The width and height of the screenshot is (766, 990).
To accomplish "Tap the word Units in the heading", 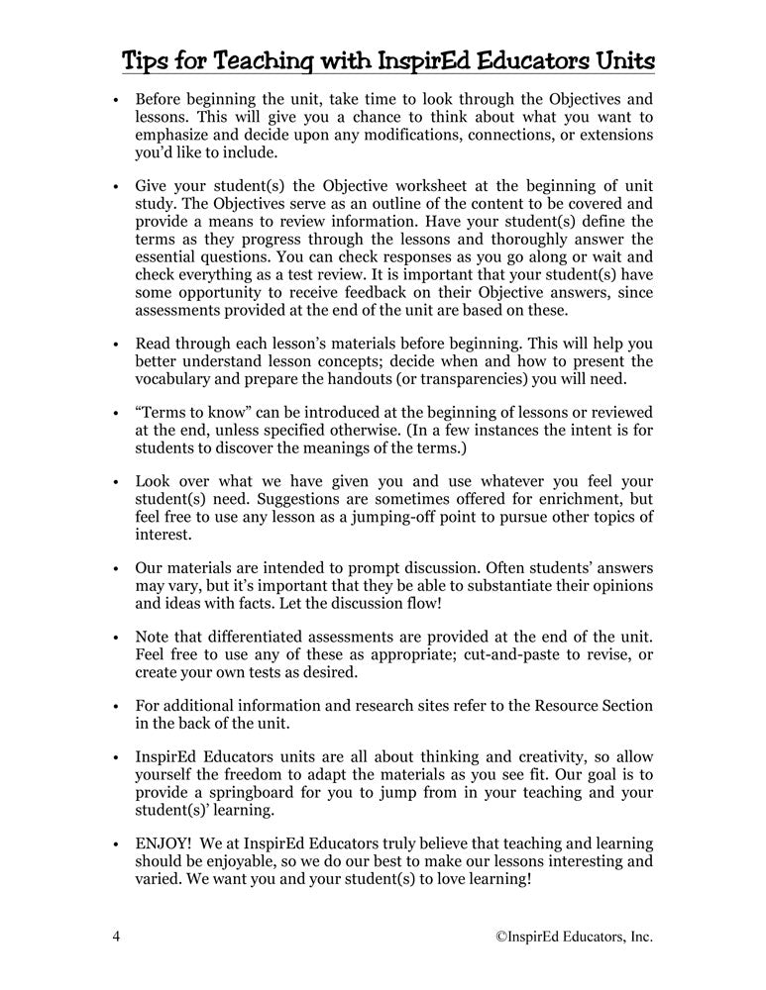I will click(619, 61).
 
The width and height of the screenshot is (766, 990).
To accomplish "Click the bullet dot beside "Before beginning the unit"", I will click(116, 101).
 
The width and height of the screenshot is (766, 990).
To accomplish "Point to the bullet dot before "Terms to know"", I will click(116, 412).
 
